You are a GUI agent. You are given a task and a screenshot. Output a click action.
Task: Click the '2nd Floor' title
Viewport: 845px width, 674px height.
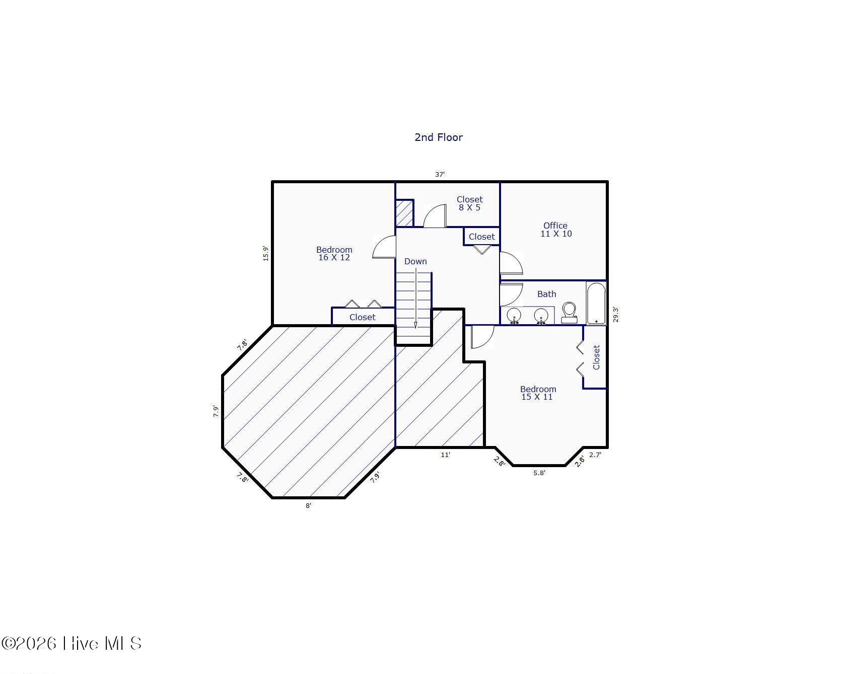click(438, 137)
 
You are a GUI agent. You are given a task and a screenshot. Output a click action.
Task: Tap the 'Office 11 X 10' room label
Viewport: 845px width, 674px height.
click(556, 230)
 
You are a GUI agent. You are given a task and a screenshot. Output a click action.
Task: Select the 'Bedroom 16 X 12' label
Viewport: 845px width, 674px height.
click(334, 253)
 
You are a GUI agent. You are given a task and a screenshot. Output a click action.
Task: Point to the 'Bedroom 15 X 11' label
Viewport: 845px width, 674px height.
click(538, 393)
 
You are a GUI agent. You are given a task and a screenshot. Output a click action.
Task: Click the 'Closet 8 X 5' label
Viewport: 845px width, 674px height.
click(469, 203)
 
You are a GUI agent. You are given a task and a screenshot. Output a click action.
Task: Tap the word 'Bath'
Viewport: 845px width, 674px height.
click(546, 294)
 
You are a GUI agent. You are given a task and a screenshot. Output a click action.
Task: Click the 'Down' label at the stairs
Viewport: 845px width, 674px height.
click(415, 261)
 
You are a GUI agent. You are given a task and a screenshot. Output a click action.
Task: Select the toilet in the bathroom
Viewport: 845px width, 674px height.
click(569, 313)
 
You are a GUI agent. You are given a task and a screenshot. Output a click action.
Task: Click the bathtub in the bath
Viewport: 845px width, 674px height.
click(596, 303)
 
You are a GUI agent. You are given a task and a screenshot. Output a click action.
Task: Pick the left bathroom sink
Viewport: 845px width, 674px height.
click(514, 316)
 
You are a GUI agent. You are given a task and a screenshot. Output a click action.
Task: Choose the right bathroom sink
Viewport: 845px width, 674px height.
click(541, 316)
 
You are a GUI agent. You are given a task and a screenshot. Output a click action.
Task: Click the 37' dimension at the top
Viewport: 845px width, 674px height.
click(440, 174)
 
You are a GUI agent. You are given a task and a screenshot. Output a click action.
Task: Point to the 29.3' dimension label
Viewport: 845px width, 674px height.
click(615, 315)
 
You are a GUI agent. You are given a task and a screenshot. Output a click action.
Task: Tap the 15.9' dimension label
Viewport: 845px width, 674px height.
click(265, 253)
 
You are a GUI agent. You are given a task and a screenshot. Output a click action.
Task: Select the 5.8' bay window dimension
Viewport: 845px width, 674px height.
click(539, 473)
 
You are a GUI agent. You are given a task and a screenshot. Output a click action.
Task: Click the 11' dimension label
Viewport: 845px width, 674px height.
click(445, 455)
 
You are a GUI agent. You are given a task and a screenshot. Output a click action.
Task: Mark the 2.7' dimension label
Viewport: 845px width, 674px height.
click(595, 455)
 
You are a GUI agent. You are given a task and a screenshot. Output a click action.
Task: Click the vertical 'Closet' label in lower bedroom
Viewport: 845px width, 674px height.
click(596, 357)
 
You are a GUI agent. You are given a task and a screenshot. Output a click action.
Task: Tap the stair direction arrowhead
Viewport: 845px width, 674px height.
click(415, 325)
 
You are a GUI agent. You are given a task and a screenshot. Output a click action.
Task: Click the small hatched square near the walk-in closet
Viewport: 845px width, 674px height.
click(404, 213)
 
